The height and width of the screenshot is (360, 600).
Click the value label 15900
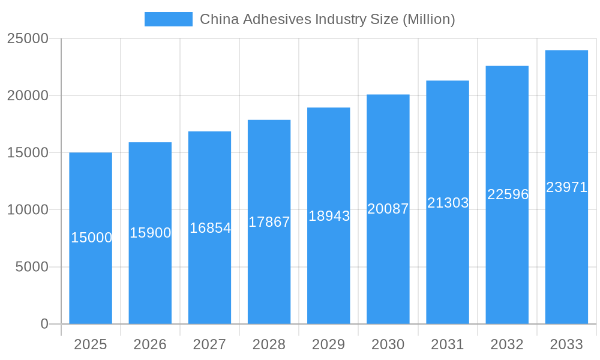tap(151, 233)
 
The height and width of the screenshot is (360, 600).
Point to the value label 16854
tap(210, 228)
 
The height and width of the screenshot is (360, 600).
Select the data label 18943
tap(329, 216)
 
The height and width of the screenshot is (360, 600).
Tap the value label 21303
tap(448, 203)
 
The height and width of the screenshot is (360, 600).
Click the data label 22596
tap(508, 194)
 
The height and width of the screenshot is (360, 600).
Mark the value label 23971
tap(566, 187)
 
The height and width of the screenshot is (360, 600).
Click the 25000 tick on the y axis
tap(28, 38)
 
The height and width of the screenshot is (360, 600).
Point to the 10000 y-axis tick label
tap(28, 210)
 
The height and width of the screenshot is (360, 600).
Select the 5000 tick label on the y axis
tap(32, 267)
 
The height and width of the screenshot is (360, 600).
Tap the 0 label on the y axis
tap(44, 324)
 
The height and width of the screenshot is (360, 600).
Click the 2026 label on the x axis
tap(150, 344)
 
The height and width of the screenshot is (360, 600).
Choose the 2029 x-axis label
tap(329, 344)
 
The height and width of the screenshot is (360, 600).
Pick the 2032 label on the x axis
tap(507, 344)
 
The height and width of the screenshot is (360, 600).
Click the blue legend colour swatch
tap(169, 19)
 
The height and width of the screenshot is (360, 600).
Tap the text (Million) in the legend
tap(428, 19)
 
